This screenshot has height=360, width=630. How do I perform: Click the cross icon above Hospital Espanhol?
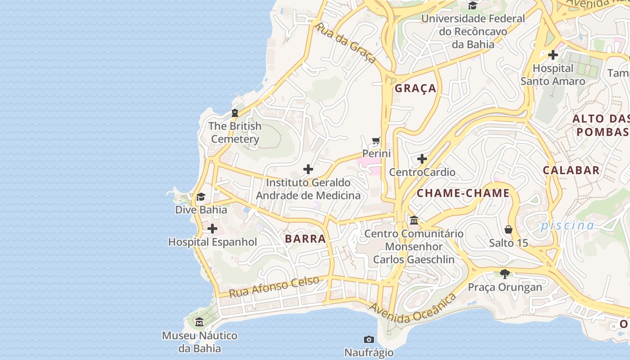[x=212, y=229]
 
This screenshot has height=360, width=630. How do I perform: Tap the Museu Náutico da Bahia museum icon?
[x=199, y=322]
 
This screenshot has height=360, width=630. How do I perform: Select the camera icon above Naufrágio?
[x=369, y=339]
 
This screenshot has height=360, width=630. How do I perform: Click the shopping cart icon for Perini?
[x=376, y=140]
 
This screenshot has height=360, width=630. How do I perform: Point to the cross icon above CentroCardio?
[x=422, y=159]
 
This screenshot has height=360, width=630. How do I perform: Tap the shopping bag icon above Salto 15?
[x=508, y=229]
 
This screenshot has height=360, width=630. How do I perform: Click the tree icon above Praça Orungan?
[x=505, y=274]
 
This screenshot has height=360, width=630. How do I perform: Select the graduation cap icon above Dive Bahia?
[x=201, y=197]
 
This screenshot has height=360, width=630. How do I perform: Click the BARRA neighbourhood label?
[x=306, y=239]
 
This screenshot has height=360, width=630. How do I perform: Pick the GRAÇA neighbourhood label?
[x=415, y=88]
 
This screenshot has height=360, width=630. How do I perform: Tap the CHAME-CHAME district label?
[x=463, y=193]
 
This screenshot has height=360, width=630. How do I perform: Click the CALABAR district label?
[x=571, y=170]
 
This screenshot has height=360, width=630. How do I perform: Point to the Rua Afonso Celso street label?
[x=274, y=287]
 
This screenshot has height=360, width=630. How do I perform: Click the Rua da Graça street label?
[x=345, y=43]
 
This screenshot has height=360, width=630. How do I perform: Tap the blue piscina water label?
[x=567, y=225]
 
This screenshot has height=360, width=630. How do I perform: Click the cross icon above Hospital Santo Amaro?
[x=553, y=55]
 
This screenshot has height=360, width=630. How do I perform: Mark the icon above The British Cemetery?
[x=234, y=113]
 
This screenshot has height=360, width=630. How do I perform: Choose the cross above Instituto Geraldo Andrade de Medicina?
[x=308, y=169]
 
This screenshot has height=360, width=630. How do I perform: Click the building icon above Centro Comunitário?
[x=414, y=220]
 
